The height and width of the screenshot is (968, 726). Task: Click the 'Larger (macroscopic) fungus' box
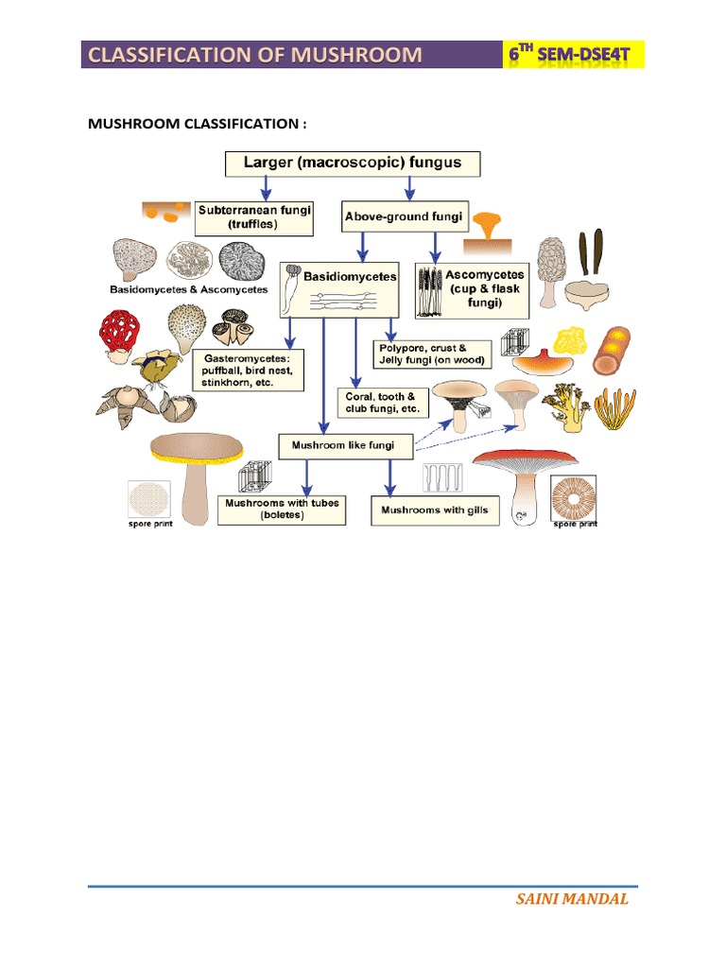pyautogui.click(x=353, y=164)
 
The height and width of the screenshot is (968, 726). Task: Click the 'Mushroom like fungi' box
pyautogui.click(x=337, y=443)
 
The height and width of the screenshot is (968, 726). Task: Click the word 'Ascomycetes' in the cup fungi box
pyautogui.click(x=485, y=276)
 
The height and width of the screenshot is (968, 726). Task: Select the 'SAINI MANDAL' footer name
pyautogui.click(x=571, y=899)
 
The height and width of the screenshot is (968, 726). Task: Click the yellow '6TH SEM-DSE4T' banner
pyautogui.click(x=574, y=56)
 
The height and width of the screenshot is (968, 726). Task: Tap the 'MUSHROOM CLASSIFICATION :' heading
pyautogui.click(x=197, y=125)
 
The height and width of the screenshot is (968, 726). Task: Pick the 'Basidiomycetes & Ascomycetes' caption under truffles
pyautogui.click(x=188, y=289)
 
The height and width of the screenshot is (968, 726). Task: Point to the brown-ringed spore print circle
pyautogui.click(x=575, y=497)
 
